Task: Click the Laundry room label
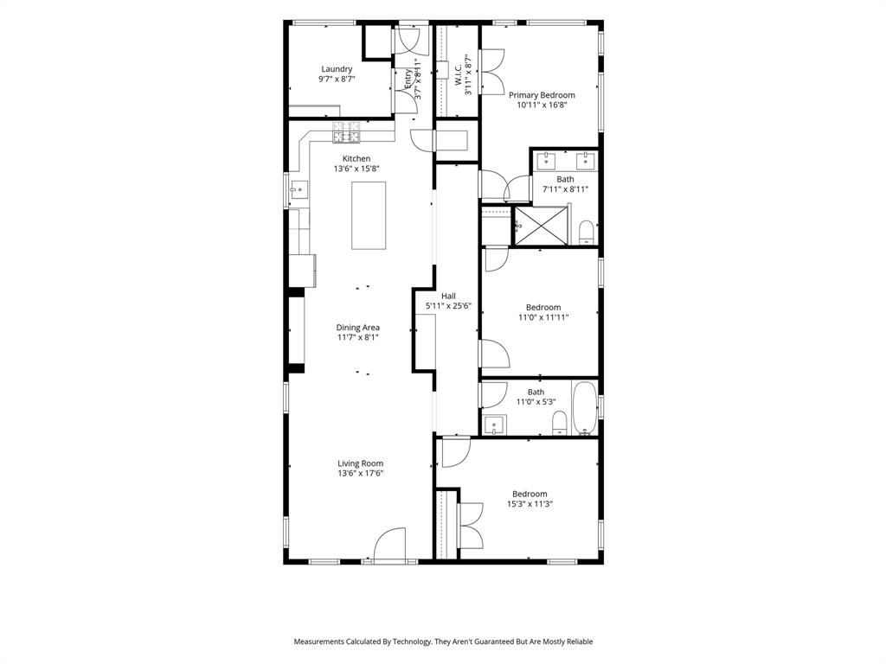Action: click(337, 69)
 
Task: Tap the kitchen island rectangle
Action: click(369, 215)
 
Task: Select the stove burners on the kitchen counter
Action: click(346, 132)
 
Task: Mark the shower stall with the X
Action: click(540, 226)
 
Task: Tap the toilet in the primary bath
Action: click(587, 233)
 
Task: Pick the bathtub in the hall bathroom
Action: click(585, 408)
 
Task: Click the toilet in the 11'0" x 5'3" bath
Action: click(559, 424)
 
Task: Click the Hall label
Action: click(449, 296)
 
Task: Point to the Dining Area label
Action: click(357, 328)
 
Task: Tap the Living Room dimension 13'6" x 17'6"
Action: click(361, 474)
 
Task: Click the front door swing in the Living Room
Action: click(390, 543)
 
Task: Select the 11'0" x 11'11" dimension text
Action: click(543, 317)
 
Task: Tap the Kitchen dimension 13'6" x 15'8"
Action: click(356, 169)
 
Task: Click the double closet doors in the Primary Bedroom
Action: click(492, 72)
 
